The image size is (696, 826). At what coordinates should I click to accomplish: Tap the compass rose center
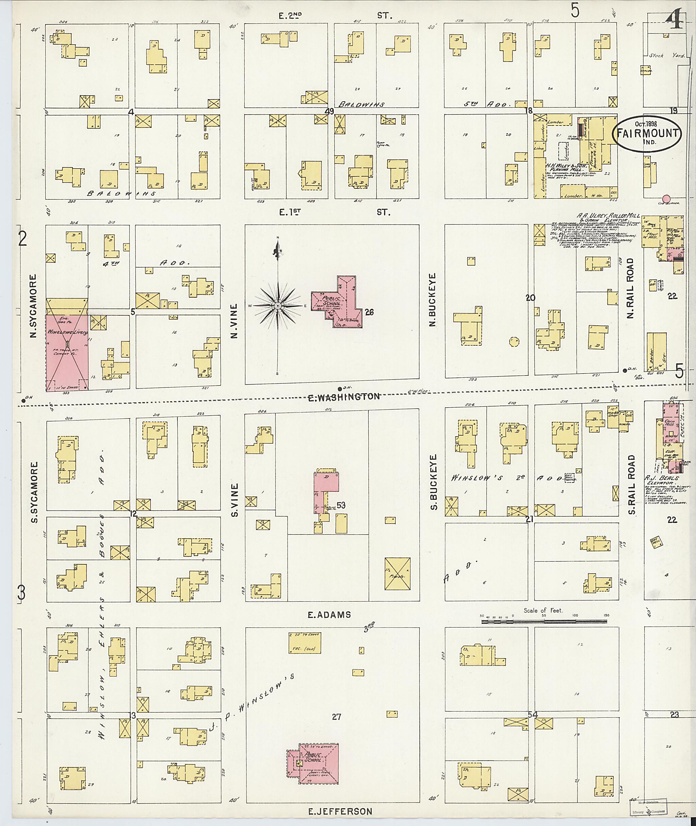[278, 306]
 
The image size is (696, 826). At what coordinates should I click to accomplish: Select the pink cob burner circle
[666, 198]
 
